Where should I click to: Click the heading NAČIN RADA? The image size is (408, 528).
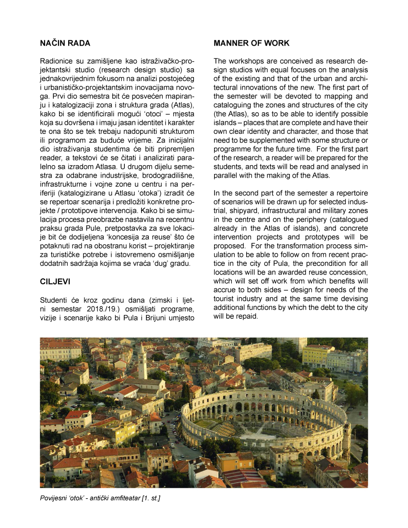(x=65, y=43)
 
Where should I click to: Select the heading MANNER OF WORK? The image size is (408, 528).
(x=252, y=43)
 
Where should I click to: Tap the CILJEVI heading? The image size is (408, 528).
(x=55, y=282)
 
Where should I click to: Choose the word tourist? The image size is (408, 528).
(x=226, y=299)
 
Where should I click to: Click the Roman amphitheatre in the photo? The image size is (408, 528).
(x=264, y=418)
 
